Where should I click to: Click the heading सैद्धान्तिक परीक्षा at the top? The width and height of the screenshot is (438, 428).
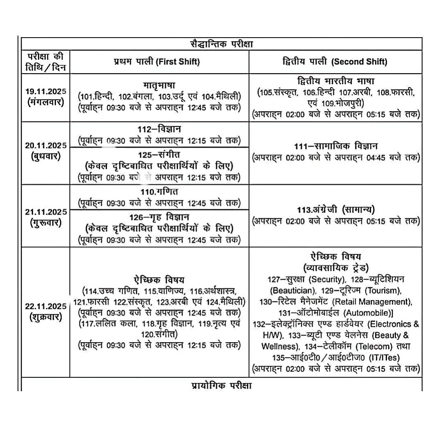(221, 44)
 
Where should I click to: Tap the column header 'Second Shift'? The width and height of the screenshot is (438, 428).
(359, 62)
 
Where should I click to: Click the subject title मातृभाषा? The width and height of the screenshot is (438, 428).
(159, 86)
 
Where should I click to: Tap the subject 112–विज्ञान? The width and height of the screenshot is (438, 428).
(159, 129)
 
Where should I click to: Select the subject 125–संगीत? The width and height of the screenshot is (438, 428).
(159, 155)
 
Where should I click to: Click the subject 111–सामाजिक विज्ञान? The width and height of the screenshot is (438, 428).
(336, 146)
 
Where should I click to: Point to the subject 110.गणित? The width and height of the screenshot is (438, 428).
(159, 191)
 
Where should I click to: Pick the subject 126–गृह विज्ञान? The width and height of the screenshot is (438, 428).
(159, 217)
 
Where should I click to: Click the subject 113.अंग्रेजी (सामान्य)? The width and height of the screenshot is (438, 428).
(336, 210)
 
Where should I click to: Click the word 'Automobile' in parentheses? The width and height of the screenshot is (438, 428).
(368, 313)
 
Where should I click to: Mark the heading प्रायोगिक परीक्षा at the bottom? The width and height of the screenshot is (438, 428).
(221, 385)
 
